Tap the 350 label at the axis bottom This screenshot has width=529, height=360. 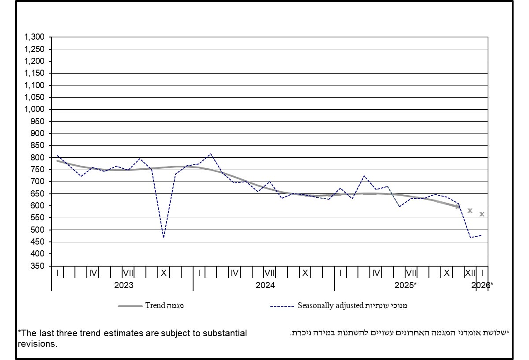tap(38, 266)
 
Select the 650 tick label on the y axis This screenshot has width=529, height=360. tap(38, 194)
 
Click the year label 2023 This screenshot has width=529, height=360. tap(123, 286)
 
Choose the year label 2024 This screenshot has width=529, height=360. tap(265, 286)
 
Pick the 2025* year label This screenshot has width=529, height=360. tap(406, 286)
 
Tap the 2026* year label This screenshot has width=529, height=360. tap(482, 286)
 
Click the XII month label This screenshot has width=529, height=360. tap(470, 273)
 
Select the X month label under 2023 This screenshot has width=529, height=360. tap(164, 273)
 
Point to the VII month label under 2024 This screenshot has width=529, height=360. tap(270, 273)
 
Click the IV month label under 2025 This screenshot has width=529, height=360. tap(376, 273)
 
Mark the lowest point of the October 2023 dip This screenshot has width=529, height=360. tap(164, 238)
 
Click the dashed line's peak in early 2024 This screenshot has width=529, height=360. tap(211, 154)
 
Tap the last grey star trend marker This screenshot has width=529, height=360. tap(482, 214)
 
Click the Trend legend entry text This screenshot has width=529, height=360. tap(164, 306)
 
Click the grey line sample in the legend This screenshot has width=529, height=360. tap(130, 306)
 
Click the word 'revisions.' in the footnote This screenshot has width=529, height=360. tap(37, 344)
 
